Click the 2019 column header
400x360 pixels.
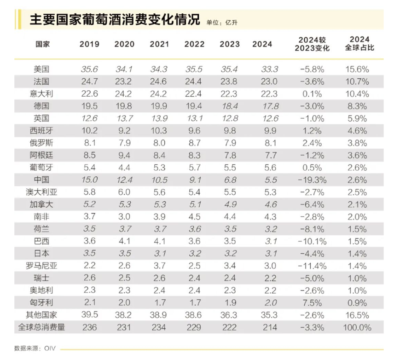(89, 44)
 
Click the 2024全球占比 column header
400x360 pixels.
(359, 44)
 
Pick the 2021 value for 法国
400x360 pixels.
(159, 81)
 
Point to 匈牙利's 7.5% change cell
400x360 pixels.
(312, 302)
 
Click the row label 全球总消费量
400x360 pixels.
(41, 327)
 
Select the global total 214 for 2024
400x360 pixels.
(262, 327)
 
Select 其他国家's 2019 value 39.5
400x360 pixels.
(89, 315)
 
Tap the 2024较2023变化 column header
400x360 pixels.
(312, 44)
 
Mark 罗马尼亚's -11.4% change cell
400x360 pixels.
(312, 266)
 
